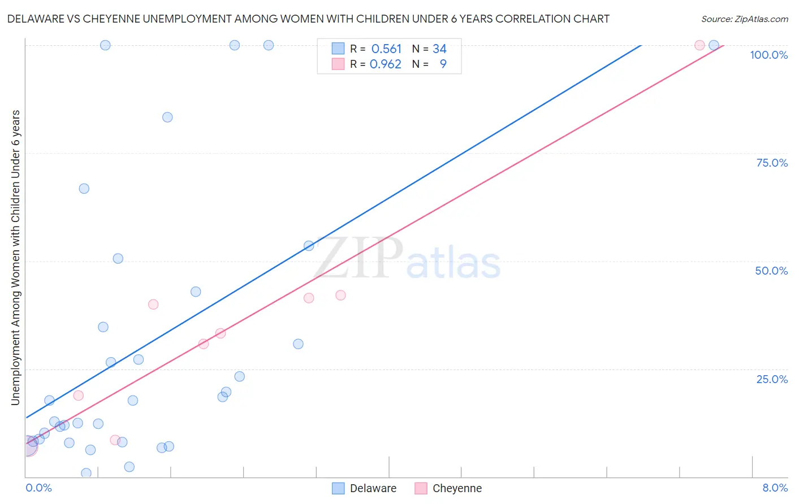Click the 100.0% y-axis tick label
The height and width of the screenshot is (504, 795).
pyautogui.click(x=768, y=55)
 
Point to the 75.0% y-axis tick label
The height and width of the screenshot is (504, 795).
pyautogui.click(x=772, y=163)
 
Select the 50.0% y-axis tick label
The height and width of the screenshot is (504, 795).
pyautogui.click(x=771, y=271)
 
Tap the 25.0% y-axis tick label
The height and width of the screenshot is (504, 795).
pyautogui.click(x=772, y=379)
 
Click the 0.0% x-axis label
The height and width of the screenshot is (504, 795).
pyautogui.click(x=38, y=488)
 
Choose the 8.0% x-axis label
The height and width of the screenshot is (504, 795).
pyautogui.click(x=775, y=488)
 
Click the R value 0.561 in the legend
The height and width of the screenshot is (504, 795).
pyautogui.click(x=386, y=49)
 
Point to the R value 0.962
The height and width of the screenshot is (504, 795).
pyautogui.click(x=385, y=64)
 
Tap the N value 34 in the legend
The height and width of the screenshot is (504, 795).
pyautogui.click(x=439, y=49)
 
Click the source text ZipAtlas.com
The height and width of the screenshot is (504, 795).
pyautogui.click(x=744, y=19)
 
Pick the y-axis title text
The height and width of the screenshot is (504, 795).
pyautogui.click(x=16, y=257)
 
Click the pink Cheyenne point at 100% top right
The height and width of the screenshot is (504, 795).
pyautogui.click(x=699, y=45)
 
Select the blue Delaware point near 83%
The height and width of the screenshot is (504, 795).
pyautogui.click(x=167, y=118)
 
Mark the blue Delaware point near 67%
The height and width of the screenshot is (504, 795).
pyautogui.click(x=84, y=189)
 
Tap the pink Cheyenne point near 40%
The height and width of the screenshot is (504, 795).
pyautogui.click(x=153, y=305)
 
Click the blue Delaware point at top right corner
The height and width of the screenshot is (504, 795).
pyautogui.click(x=714, y=45)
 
